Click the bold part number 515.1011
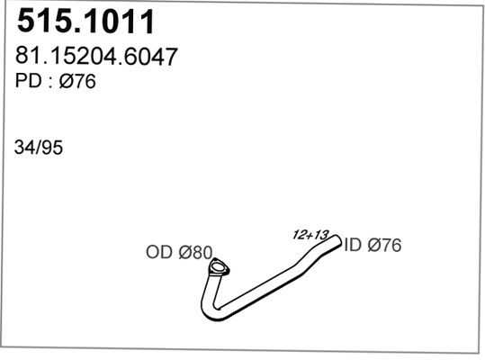85,22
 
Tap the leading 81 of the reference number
25,56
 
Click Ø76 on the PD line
77,81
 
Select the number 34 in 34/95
24,148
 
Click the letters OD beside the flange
159,252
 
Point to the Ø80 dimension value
195,252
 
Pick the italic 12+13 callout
310,235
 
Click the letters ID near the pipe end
353,245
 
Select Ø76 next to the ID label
384,245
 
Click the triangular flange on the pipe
219,267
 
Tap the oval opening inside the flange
218,266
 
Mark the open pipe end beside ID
337,241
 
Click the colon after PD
49,82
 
